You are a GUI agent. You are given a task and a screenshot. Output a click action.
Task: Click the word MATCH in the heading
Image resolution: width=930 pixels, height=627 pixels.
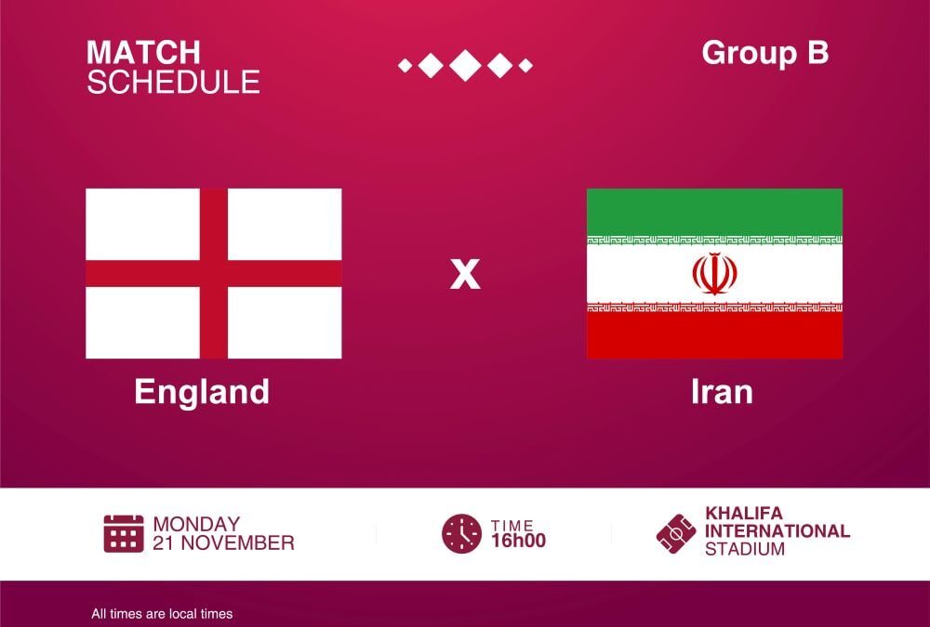pos(143,53)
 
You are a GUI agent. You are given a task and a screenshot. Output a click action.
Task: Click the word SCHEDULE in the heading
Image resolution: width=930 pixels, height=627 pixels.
pos(173,82)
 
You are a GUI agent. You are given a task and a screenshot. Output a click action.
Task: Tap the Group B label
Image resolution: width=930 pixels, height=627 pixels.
pos(765,53)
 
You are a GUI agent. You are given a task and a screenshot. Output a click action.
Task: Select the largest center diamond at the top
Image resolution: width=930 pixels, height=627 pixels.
pos(465,65)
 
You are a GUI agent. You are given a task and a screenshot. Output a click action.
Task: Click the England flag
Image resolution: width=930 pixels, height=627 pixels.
pos(214,273)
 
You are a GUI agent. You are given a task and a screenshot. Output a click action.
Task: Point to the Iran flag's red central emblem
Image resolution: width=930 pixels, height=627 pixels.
pos(714,274)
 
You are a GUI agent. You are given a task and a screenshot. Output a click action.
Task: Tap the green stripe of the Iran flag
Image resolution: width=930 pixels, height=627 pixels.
pos(714,212)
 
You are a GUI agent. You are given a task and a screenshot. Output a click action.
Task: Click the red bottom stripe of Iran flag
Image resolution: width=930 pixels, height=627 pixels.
pos(714,335)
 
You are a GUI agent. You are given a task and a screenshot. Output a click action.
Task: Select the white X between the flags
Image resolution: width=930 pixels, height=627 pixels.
pos(465,274)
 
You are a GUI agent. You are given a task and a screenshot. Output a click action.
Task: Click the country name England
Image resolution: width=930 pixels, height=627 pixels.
pos(202,392)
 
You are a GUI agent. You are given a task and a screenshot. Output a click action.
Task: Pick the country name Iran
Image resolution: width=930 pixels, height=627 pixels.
pos(722,392)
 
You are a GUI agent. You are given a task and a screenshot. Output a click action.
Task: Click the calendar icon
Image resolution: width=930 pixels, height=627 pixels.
pos(124,533)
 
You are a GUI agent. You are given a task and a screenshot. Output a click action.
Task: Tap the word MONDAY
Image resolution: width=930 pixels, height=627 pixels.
pos(196,524)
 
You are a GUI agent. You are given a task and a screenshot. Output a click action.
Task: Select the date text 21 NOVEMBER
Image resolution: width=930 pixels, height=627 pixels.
pos(223,542)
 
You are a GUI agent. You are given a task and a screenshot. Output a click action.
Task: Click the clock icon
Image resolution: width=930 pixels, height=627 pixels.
pos(462,533)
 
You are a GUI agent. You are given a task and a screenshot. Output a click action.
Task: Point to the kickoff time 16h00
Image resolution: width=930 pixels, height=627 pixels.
pos(518,541)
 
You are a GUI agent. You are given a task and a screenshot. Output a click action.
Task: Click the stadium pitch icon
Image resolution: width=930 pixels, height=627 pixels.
pos(676,533)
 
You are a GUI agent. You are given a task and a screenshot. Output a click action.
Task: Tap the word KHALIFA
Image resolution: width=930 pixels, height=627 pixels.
pos(744,514)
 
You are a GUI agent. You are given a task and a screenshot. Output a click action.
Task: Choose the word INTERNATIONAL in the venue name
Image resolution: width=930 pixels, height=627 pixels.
pos(777,531)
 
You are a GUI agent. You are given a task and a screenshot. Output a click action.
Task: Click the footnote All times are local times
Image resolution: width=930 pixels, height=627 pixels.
pos(162,614)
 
